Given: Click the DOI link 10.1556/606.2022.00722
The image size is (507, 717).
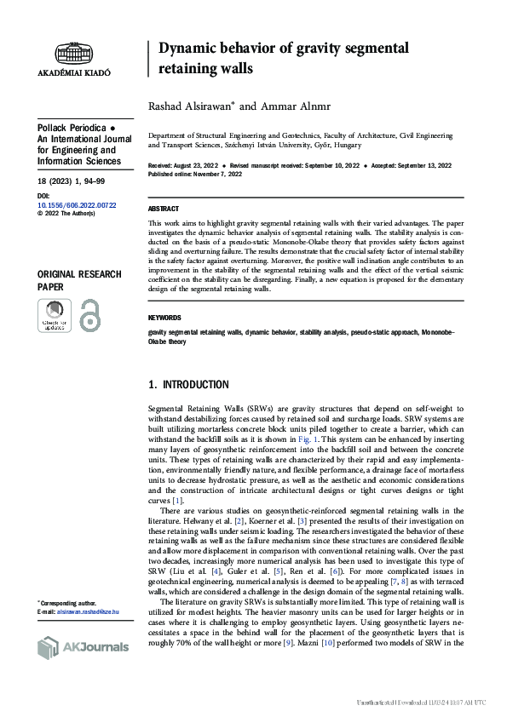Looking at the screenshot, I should pos(76,204).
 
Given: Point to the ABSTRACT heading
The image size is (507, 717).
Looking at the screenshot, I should pos(164,208).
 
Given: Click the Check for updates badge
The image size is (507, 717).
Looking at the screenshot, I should pos(54,317).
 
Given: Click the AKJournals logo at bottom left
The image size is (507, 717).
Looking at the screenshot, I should pos(83,647).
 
